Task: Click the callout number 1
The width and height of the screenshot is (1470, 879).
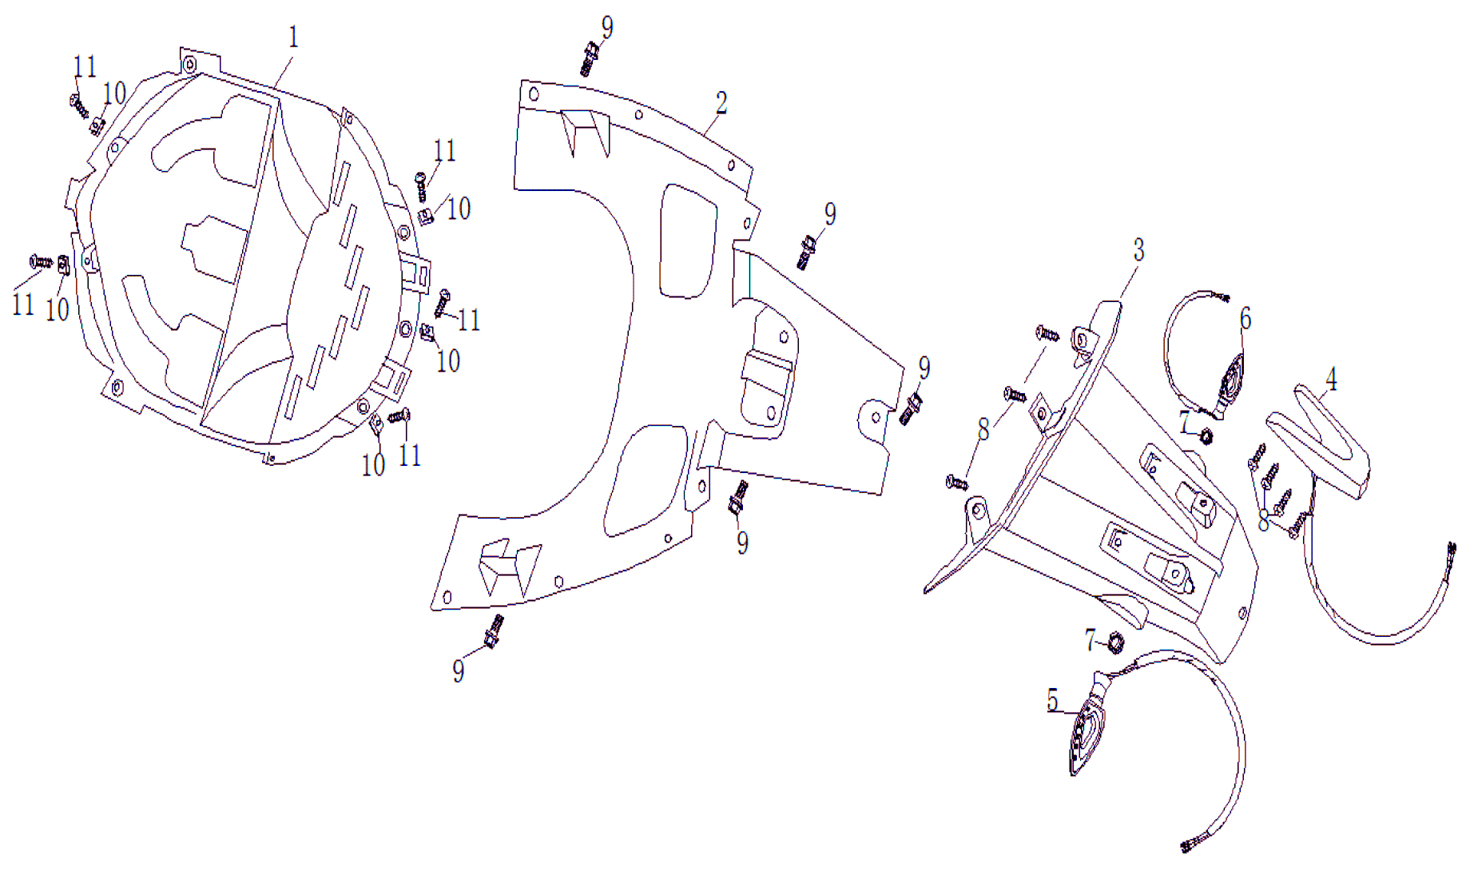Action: pyautogui.click(x=293, y=38)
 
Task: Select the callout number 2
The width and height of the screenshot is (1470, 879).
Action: pyautogui.click(x=721, y=103)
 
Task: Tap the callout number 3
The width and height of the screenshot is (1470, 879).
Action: pyautogui.click(x=1138, y=250)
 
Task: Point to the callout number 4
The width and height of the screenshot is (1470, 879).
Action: pyautogui.click(x=1331, y=379)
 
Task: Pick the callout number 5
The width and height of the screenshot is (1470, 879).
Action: pyautogui.click(x=1053, y=701)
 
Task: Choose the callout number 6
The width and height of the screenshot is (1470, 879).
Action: pyautogui.click(x=1245, y=319)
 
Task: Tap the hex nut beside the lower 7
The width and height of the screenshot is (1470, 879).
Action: pyautogui.click(x=1116, y=642)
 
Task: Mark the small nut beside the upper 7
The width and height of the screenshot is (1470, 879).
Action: pyautogui.click(x=1206, y=436)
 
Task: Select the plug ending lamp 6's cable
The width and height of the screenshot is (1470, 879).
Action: pyautogui.click(x=1220, y=297)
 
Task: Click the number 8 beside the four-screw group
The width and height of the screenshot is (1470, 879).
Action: pyautogui.click(x=1263, y=522)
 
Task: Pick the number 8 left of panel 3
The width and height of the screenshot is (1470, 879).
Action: pyautogui.click(x=983, y=430)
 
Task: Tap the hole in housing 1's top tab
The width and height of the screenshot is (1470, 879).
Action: pyautogui.click(x=190, y=64)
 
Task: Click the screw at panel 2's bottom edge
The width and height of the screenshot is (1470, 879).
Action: pyautogui.click(x=494, y=632)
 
